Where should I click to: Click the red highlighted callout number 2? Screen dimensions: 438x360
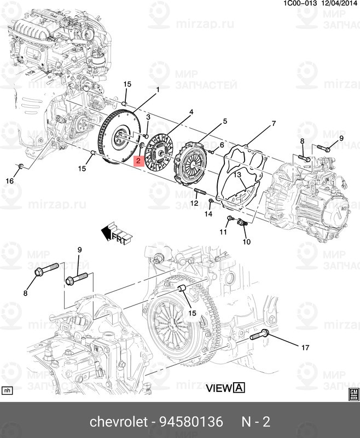pos(138,160)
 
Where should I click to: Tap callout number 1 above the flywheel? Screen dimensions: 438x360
pos(158,89)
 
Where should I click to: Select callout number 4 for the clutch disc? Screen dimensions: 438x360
pos(191,112)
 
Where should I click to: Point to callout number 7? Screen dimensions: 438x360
pos(273,124)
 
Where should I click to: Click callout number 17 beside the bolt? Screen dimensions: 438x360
pos(305,347)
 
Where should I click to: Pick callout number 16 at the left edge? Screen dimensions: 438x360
pos(9,181)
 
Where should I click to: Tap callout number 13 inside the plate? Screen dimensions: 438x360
pos(238,175)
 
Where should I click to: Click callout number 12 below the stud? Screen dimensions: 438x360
pos(194,203)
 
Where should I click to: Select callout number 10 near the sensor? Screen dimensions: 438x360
pos(246,241)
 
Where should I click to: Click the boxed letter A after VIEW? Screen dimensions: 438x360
pos(239,389)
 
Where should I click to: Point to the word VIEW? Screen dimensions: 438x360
pos(219,389)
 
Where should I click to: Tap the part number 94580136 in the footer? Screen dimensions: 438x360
pos(191,422)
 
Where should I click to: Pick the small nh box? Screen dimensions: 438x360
pos(7,391)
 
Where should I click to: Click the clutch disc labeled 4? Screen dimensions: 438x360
pos(159,149)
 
